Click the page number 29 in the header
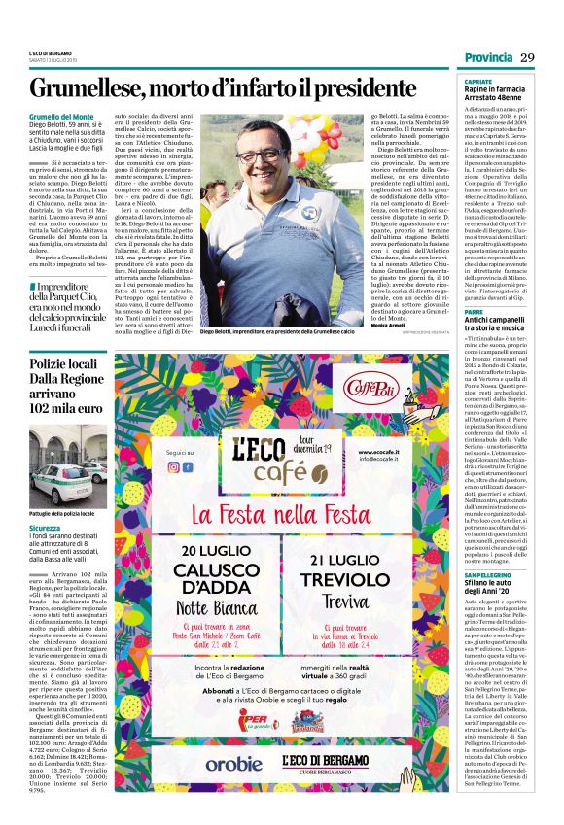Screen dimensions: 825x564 [x=528, y=57]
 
